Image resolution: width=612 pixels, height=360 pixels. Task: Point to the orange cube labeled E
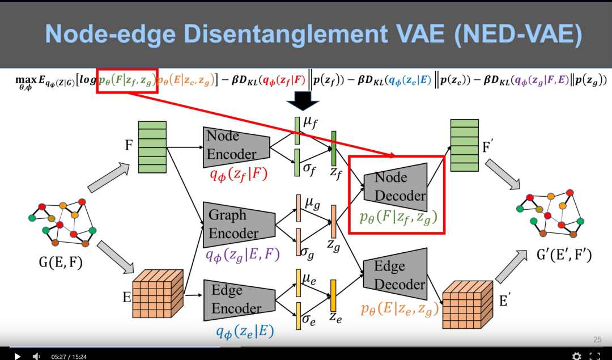click(158, 294)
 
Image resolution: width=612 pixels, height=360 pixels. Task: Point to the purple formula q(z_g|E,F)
click(243, 255)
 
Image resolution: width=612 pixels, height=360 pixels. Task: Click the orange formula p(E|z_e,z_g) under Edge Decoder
click(399, 309)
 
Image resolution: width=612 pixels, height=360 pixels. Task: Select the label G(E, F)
click(61, 262)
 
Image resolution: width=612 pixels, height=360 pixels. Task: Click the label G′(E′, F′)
click(564, 256)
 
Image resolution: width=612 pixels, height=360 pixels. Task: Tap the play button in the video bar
click(18, 356)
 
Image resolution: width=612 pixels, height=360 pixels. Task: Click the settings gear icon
click(576, 356)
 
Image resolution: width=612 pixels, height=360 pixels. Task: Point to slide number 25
click(597, 340)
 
